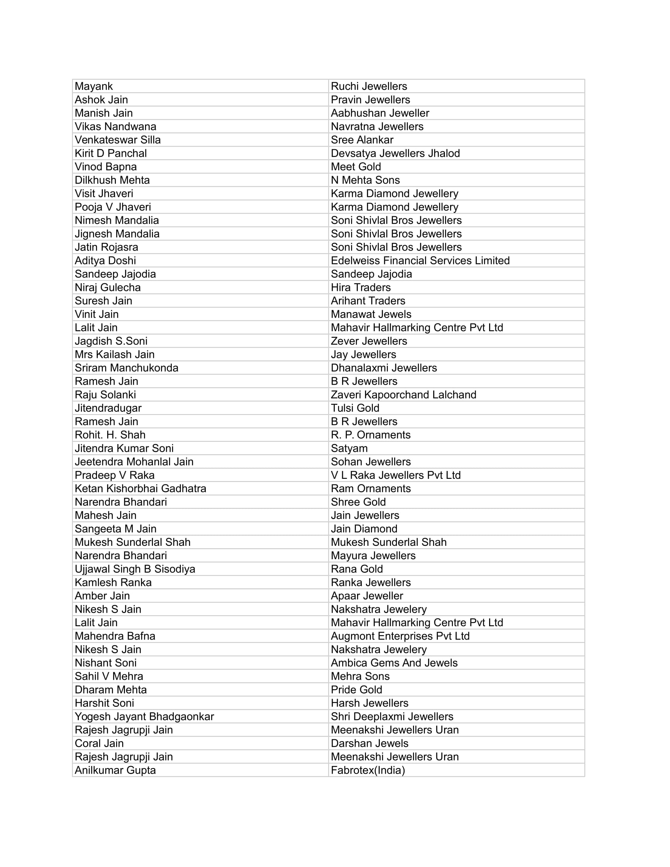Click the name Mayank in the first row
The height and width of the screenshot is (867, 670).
(94, 86)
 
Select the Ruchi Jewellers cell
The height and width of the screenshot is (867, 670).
(369, 86)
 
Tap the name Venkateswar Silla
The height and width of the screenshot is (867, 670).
(117, 140)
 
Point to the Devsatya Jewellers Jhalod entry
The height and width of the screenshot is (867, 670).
(395, 153)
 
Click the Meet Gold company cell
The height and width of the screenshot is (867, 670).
(355, 167)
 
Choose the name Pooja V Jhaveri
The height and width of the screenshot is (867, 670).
(113, 207)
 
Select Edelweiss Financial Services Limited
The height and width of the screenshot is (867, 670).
(420, 260)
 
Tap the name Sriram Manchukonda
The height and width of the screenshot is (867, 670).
(126, 368)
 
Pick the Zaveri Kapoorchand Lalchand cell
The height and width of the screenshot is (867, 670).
(403, 394)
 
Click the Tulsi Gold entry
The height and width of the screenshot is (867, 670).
(355, 408)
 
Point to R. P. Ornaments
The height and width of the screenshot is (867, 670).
(370, 435)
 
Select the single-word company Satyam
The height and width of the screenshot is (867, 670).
(349, 448)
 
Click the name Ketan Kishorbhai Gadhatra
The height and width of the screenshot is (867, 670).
(140, 488)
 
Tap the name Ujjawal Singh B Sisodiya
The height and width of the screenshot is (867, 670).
(135, 569)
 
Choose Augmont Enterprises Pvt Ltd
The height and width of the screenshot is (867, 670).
(400, 636)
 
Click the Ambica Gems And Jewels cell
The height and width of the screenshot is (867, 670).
(394, 662)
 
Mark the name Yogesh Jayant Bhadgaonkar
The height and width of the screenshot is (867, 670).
(144, 716)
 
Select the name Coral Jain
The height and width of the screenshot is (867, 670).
(99, 743)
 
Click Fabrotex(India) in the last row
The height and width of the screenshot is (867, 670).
(368, 770)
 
